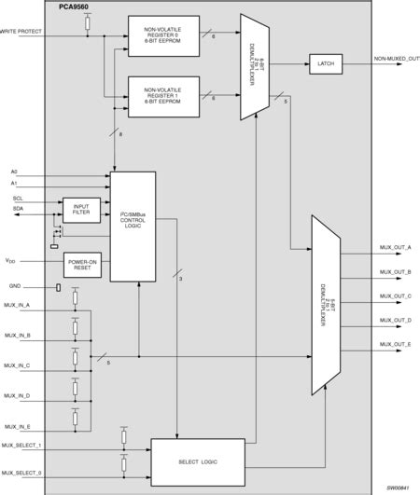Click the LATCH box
tap(326, 63)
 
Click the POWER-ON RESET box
tap(80, 266)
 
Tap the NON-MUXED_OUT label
tap(396, 58)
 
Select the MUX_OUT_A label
tap(396, 247)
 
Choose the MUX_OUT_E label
tap(396, 344)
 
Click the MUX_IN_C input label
tap(17, 364)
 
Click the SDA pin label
tap(17, 209)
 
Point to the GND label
tap(15, 287)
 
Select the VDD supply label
tap(11, 261)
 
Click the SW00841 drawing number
tap(399, 487)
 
